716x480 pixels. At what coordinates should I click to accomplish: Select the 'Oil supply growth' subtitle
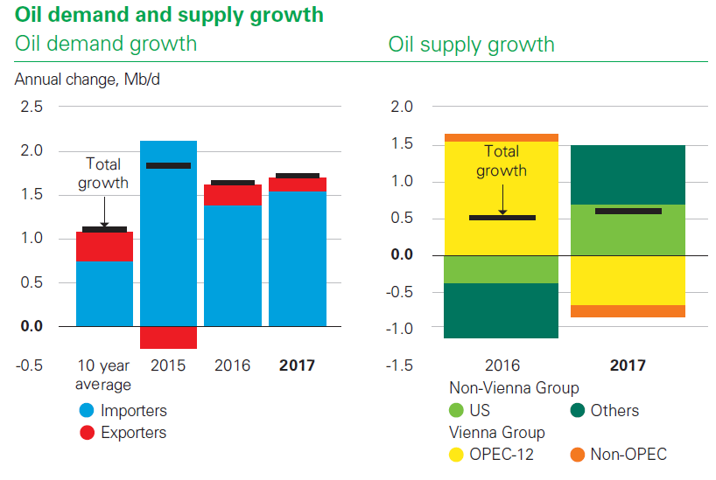click(471, 45)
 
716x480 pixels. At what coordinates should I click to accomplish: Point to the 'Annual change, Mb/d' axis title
click(88, 80)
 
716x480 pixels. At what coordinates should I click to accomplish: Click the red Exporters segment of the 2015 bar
click(168, 337)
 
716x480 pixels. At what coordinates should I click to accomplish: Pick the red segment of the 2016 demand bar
click(233, 196)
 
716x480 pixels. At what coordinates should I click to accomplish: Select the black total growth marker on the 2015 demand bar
click(168, 165)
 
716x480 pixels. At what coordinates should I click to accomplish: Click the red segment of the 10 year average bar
click(104, 247)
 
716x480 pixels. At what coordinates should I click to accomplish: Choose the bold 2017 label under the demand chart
click(297, 365)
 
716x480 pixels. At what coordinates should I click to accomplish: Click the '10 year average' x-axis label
click(104, 374)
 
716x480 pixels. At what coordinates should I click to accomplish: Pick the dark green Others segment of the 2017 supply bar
click(628, 174)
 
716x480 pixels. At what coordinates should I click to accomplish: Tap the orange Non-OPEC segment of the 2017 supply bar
click(628, 311)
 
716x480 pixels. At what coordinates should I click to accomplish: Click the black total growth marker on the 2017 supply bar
click(628, 211)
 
